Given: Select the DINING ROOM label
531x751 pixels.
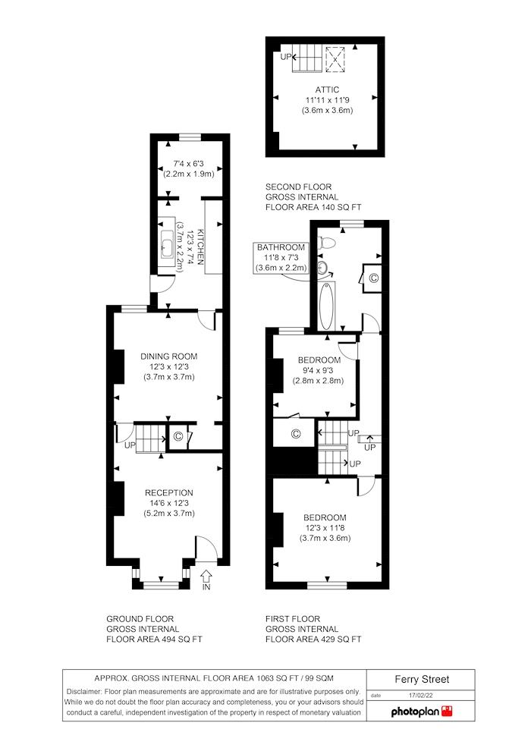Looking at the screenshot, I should (x=168, y=356).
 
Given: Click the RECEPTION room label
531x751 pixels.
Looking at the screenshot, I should (x=169, y=492).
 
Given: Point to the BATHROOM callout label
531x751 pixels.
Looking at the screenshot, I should (x=281, y=247).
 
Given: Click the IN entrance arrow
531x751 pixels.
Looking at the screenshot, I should (x=206, y=582).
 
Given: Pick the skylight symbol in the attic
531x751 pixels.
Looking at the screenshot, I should (x=335, y=60).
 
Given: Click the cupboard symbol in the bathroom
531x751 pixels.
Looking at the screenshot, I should (x=373, y=278).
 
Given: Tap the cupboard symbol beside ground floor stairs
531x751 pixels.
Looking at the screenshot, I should (x=178, y=436).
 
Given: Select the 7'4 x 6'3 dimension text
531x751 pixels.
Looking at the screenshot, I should (x=189, y=163).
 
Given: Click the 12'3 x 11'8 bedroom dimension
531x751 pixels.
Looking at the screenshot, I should (x=327, y=528).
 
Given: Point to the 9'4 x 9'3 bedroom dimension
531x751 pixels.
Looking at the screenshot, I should (x=319, y=370).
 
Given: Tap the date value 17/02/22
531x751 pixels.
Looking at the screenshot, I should (x=423, y=694).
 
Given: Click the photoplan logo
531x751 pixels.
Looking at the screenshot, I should (x=421, y=712).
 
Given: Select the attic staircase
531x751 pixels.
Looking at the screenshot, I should (x=306, y=59).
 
